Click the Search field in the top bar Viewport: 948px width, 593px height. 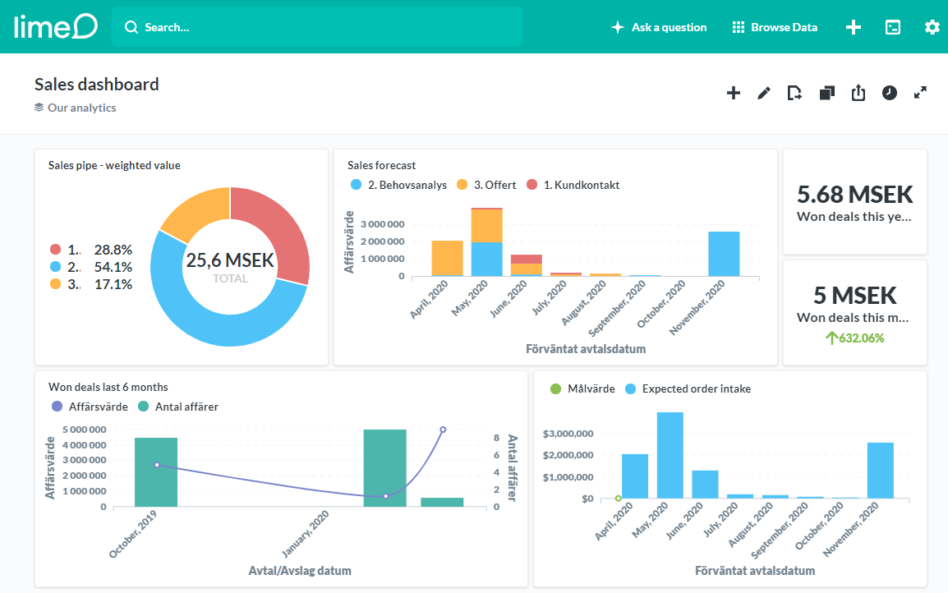coord(316,27)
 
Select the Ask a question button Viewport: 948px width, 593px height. coord(659,27)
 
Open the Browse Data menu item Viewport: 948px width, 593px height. coord(775,27)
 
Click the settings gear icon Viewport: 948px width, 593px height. coord(932,27)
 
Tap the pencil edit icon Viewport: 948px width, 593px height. coord(764,93)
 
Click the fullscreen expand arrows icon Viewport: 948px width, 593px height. coord(920,93)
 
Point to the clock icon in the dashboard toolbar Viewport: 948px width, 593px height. coord(890,93)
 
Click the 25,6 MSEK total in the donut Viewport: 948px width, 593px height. coord(230,261)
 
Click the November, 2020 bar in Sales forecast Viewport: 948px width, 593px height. coord(724,254)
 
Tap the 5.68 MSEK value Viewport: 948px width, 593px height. coord(855,195)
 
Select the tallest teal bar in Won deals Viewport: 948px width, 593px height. coord(384,467)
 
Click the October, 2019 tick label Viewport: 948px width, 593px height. coord(134,534)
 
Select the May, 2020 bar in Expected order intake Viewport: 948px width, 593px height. coord(670,455)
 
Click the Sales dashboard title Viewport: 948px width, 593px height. coord(97,84)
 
